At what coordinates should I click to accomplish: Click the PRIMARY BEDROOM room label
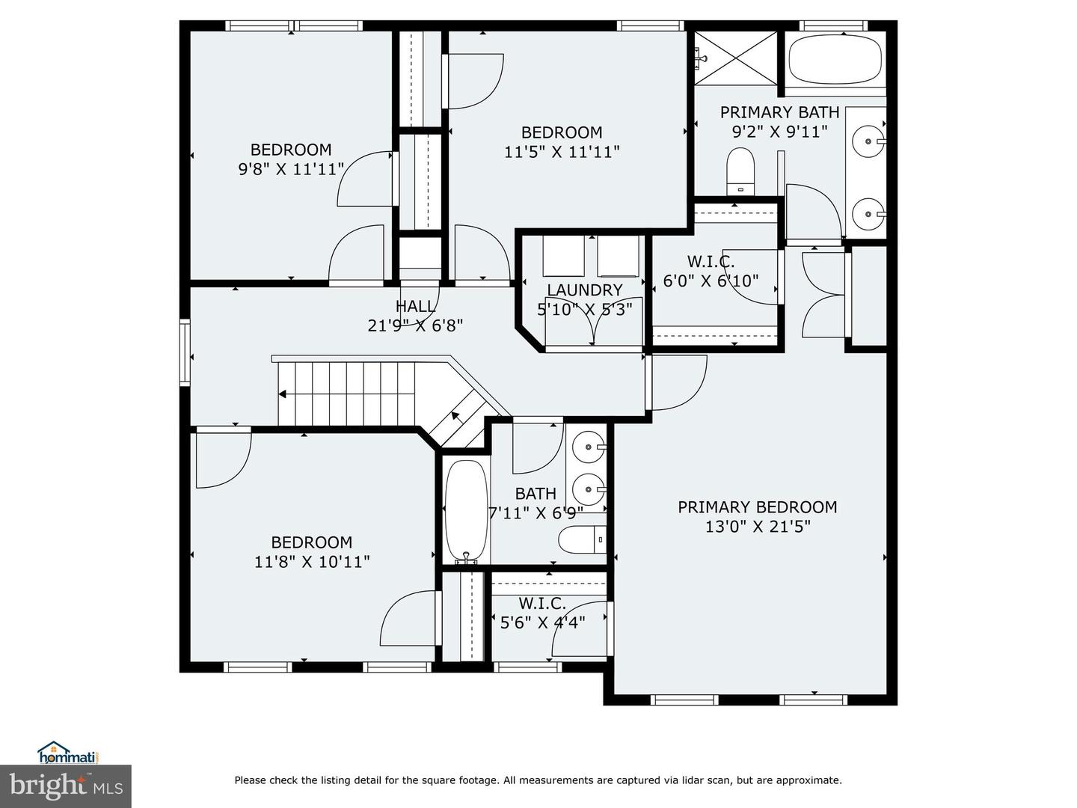tap(757, 507)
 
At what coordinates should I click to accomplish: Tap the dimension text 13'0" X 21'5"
tap(757, 527)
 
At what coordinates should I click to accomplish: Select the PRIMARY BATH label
tap(779, 112)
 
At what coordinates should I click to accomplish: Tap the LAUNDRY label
tap(584, 290)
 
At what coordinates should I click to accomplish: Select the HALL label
tap(415, 306)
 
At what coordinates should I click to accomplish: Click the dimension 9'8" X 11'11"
tap(290, 169)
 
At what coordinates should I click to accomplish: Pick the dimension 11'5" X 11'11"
tap(562, 152)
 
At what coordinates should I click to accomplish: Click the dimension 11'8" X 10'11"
tap(311, 562)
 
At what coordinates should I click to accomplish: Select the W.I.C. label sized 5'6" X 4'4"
tap(542, 603)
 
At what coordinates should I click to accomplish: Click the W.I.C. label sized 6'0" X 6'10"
tap(711, 262)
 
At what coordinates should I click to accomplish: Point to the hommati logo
tap(68, 753)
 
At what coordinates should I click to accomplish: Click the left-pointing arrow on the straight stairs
tap(283, 394)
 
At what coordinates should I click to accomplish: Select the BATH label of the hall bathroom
tap(536, 494)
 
